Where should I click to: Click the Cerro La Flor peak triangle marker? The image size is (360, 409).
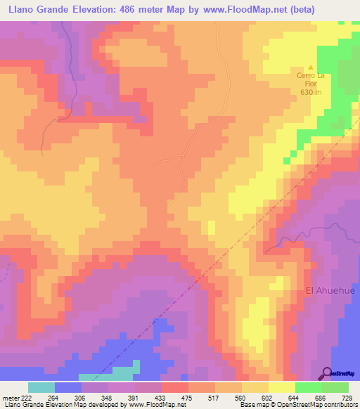click(311, 67)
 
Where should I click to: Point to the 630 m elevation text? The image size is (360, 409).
click(311, 92)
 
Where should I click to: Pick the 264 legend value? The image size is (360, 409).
click(54, 397)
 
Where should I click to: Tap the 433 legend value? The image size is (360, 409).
click(160, 397)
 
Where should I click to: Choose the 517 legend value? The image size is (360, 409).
click(215, 397)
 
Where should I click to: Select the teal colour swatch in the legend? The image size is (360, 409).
click(41, 387)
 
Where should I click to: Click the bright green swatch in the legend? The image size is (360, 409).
click(308, 387)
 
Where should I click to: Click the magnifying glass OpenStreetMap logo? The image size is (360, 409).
click(327, 373)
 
